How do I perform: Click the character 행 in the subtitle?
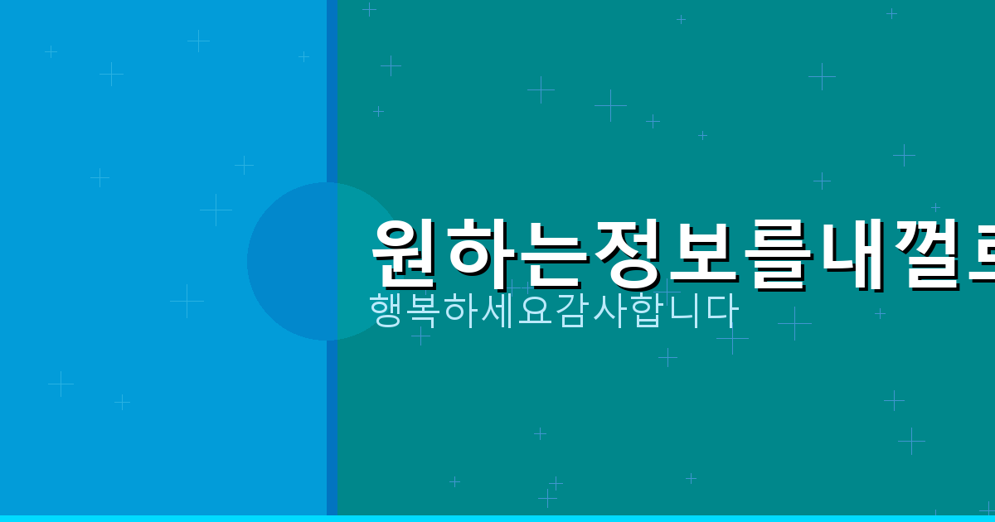(x=386, y=310)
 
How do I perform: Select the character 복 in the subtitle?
(x=424, y=310)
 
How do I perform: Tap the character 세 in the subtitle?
(x=498, y=310)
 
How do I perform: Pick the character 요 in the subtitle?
(x=536, y=310)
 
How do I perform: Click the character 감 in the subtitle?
(x=573, y=310)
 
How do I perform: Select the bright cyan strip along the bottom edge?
(x=498, y=519)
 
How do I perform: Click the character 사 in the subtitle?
(x=610, y=310)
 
